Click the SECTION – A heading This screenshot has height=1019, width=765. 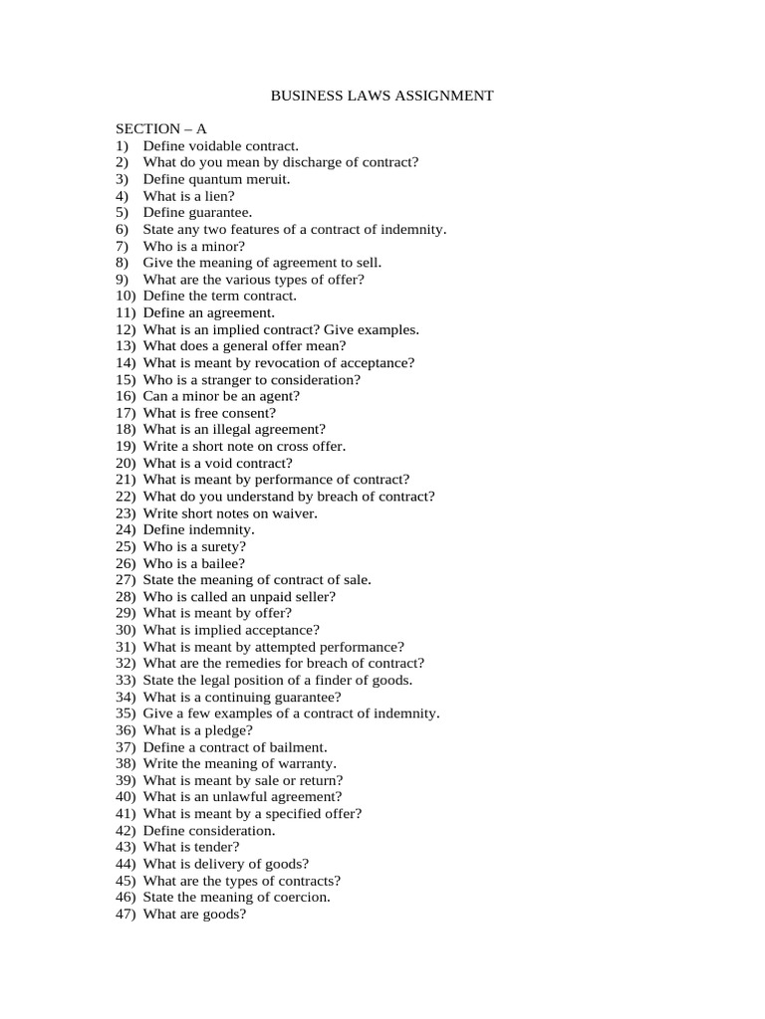click(x=161, y=128)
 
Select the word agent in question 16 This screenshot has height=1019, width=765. click(x=279, y=396)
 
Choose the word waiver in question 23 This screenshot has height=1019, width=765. click(x=295, y=513)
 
